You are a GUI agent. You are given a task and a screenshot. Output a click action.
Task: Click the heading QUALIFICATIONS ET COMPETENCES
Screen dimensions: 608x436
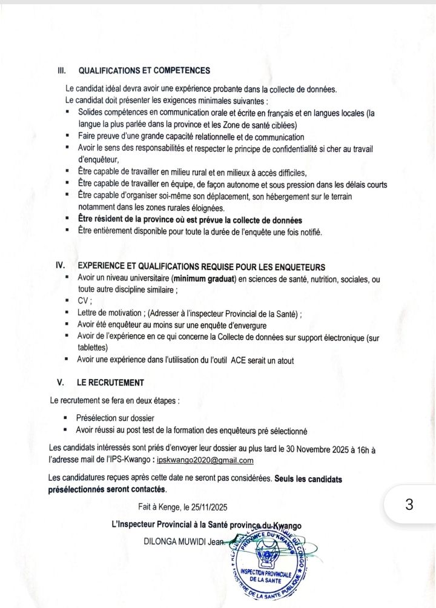click(144, 71)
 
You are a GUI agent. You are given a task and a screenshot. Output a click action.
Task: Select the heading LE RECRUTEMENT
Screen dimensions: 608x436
click(110, 383)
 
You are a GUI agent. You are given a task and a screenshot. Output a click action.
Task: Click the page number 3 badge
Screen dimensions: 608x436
click(410, 505)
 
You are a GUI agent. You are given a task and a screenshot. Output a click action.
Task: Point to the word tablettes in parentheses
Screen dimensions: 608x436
click(93, 348)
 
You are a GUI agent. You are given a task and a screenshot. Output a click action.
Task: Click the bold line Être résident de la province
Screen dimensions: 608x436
click(190, 220)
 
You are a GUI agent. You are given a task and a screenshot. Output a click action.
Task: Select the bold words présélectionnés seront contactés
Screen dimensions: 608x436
click(107, 489)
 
